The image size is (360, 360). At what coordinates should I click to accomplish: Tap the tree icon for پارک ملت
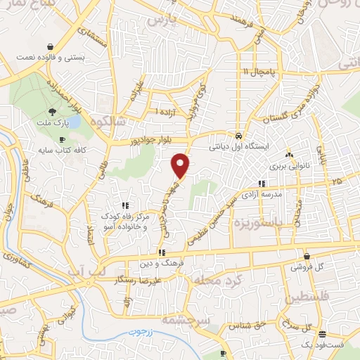(x=53, y=112)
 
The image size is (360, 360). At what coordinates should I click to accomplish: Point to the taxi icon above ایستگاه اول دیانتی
(x=239, y=136)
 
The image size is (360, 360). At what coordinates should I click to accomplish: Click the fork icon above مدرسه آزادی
(x=262, y=183)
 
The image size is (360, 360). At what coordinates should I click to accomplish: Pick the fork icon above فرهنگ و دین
(x=162, y=252)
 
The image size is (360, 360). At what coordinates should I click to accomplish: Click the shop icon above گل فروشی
(x=307, y=256)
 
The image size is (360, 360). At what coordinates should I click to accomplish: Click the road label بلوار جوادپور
(x=132, y=142)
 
